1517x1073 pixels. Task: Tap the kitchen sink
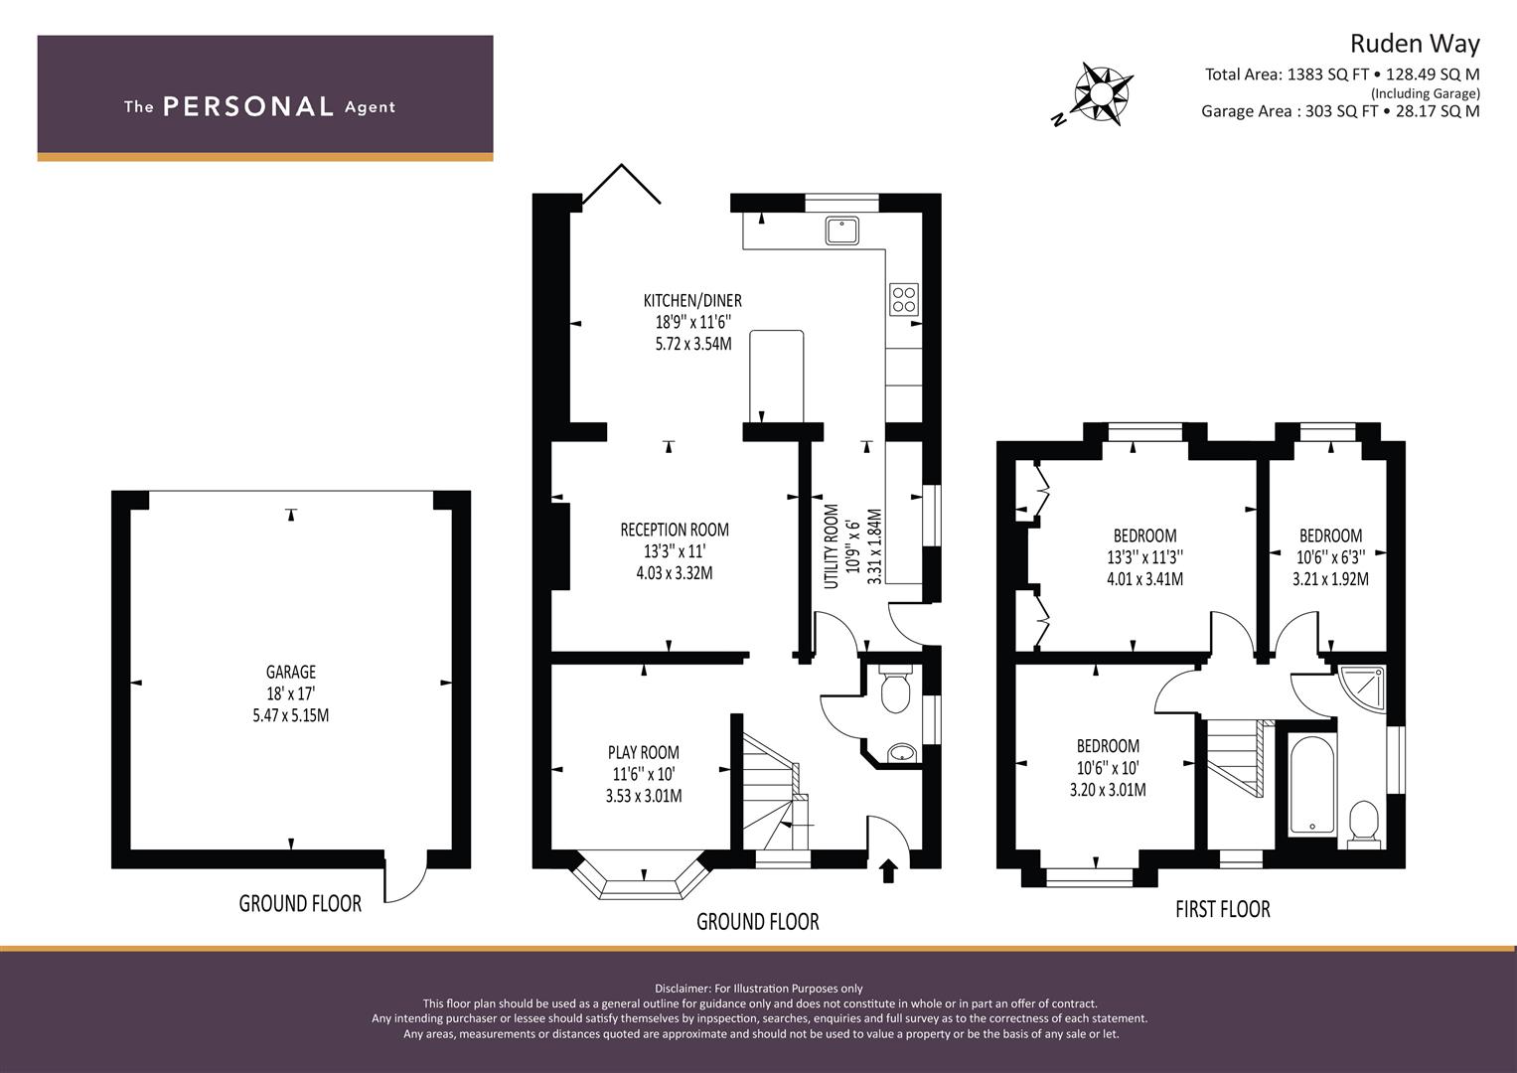841,230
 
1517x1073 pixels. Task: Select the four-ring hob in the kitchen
904,299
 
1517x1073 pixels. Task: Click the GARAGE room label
290,672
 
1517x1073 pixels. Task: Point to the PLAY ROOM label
644,752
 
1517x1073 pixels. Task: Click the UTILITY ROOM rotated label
832,546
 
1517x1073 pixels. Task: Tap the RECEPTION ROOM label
675,530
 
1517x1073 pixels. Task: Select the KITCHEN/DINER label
692,300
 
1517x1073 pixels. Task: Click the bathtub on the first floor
1311,785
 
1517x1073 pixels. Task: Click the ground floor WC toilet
895,689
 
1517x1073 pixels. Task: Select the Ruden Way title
1415,44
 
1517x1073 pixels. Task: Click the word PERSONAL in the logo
248,107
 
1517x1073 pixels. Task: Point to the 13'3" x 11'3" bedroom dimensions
1144,557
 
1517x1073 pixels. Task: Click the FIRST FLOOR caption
1222,909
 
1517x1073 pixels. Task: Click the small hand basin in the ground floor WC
901,752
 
